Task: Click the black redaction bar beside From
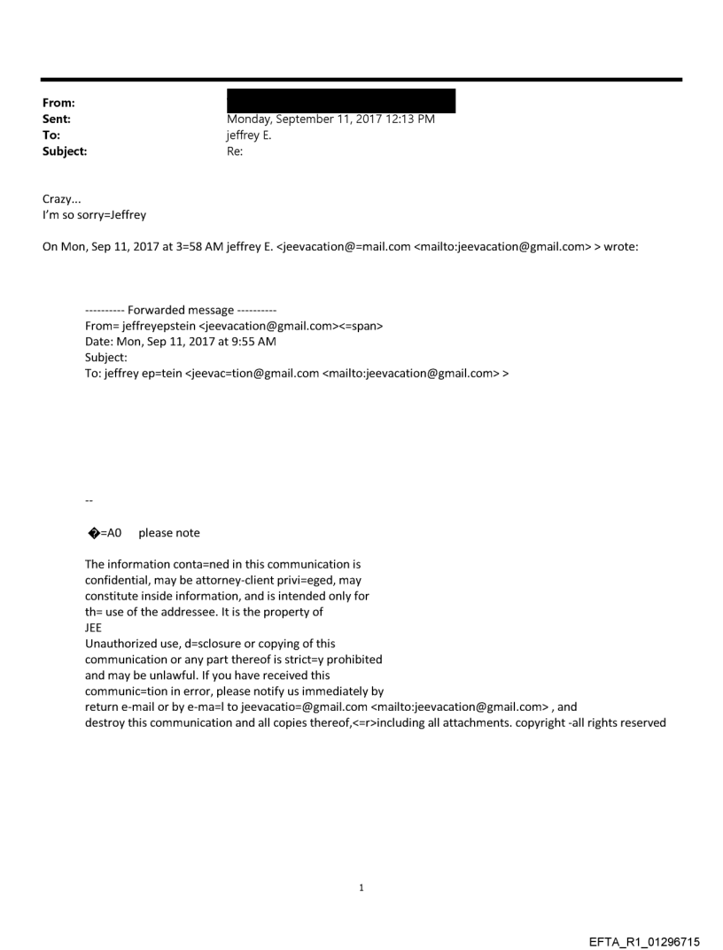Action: point(341,101)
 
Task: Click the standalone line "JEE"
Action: point(93,628)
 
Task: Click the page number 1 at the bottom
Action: point(361,887)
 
